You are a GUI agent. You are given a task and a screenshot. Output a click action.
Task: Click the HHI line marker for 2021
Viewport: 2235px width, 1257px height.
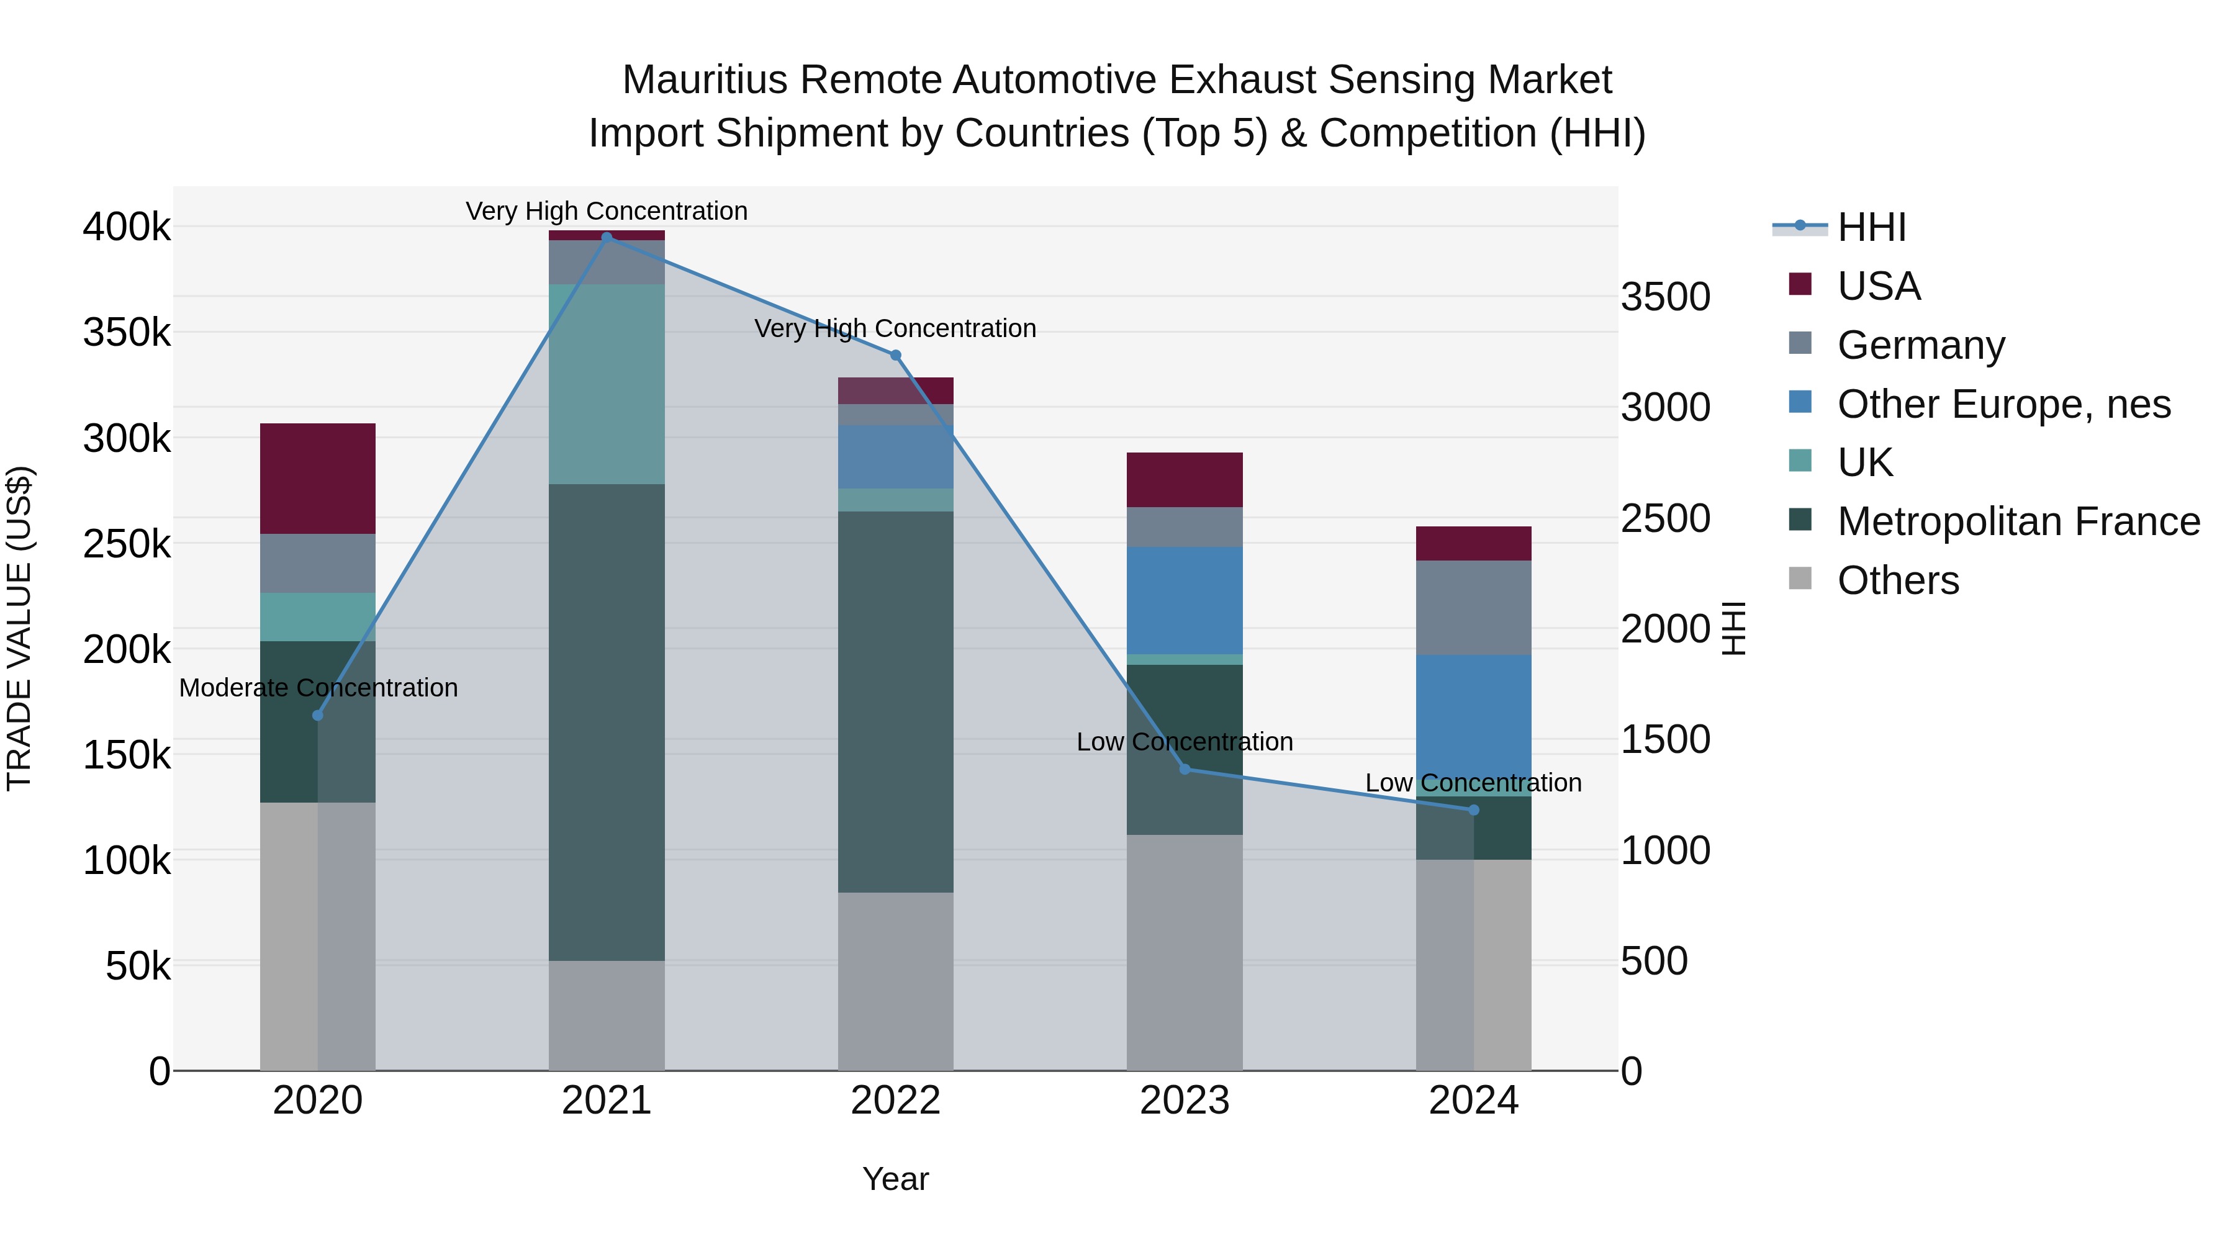(607, 237)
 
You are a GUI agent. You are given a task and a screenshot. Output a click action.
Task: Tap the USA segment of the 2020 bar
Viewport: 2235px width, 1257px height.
(317, 478)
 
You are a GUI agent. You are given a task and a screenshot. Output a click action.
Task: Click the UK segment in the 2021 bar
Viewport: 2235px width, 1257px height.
(607, 384)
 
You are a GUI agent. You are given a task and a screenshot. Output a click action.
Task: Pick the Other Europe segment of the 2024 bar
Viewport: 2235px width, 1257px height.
(1473, 724)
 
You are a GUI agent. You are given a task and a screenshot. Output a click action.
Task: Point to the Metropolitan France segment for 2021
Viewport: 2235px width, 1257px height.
(607, 722)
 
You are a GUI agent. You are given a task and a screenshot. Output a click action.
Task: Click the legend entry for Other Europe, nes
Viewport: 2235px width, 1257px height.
(2002, 404)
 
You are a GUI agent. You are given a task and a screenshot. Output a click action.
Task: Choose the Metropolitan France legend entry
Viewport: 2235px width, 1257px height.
(2017, 521)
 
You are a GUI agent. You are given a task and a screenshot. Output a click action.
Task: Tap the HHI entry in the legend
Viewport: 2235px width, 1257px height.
(1871, 227)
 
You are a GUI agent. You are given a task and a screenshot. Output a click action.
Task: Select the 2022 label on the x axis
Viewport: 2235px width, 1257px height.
(895, 1101)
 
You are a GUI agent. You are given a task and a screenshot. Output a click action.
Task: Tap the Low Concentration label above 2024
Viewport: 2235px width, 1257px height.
(1473, 783)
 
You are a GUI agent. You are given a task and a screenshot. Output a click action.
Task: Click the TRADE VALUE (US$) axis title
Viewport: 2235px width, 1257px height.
(20, 628)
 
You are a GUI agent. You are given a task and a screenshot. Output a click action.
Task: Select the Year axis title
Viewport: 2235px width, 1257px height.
(895, 1179)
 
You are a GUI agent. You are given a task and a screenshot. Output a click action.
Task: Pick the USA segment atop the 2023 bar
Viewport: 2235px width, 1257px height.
(1185, 480)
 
